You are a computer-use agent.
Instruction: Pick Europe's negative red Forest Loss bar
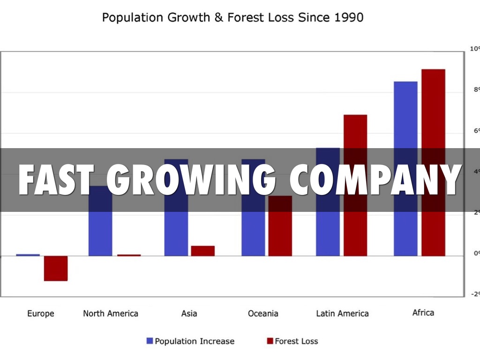[x=56, y=268]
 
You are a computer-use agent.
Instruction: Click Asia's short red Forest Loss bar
[x=202, y=251]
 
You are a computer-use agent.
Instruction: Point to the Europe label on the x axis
[x=41, y=314]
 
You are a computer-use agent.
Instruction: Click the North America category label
[x=111, y=314]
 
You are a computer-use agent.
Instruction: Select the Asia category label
[x=189, y=314]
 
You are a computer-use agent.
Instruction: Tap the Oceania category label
[x=263, y=314]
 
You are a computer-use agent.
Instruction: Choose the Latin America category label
[x=342, y=314]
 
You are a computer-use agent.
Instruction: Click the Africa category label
[x=423, y=313]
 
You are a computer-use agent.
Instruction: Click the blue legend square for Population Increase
[x=150, y=341]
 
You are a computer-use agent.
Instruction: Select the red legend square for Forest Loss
[x=270, y=341]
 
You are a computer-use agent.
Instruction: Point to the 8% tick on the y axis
[x=474, y=90]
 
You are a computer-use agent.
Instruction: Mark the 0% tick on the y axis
[x=474, y=253]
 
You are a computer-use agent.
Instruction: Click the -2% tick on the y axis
[x=474, y=294]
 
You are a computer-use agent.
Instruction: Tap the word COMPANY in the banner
[x=375, y=180]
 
